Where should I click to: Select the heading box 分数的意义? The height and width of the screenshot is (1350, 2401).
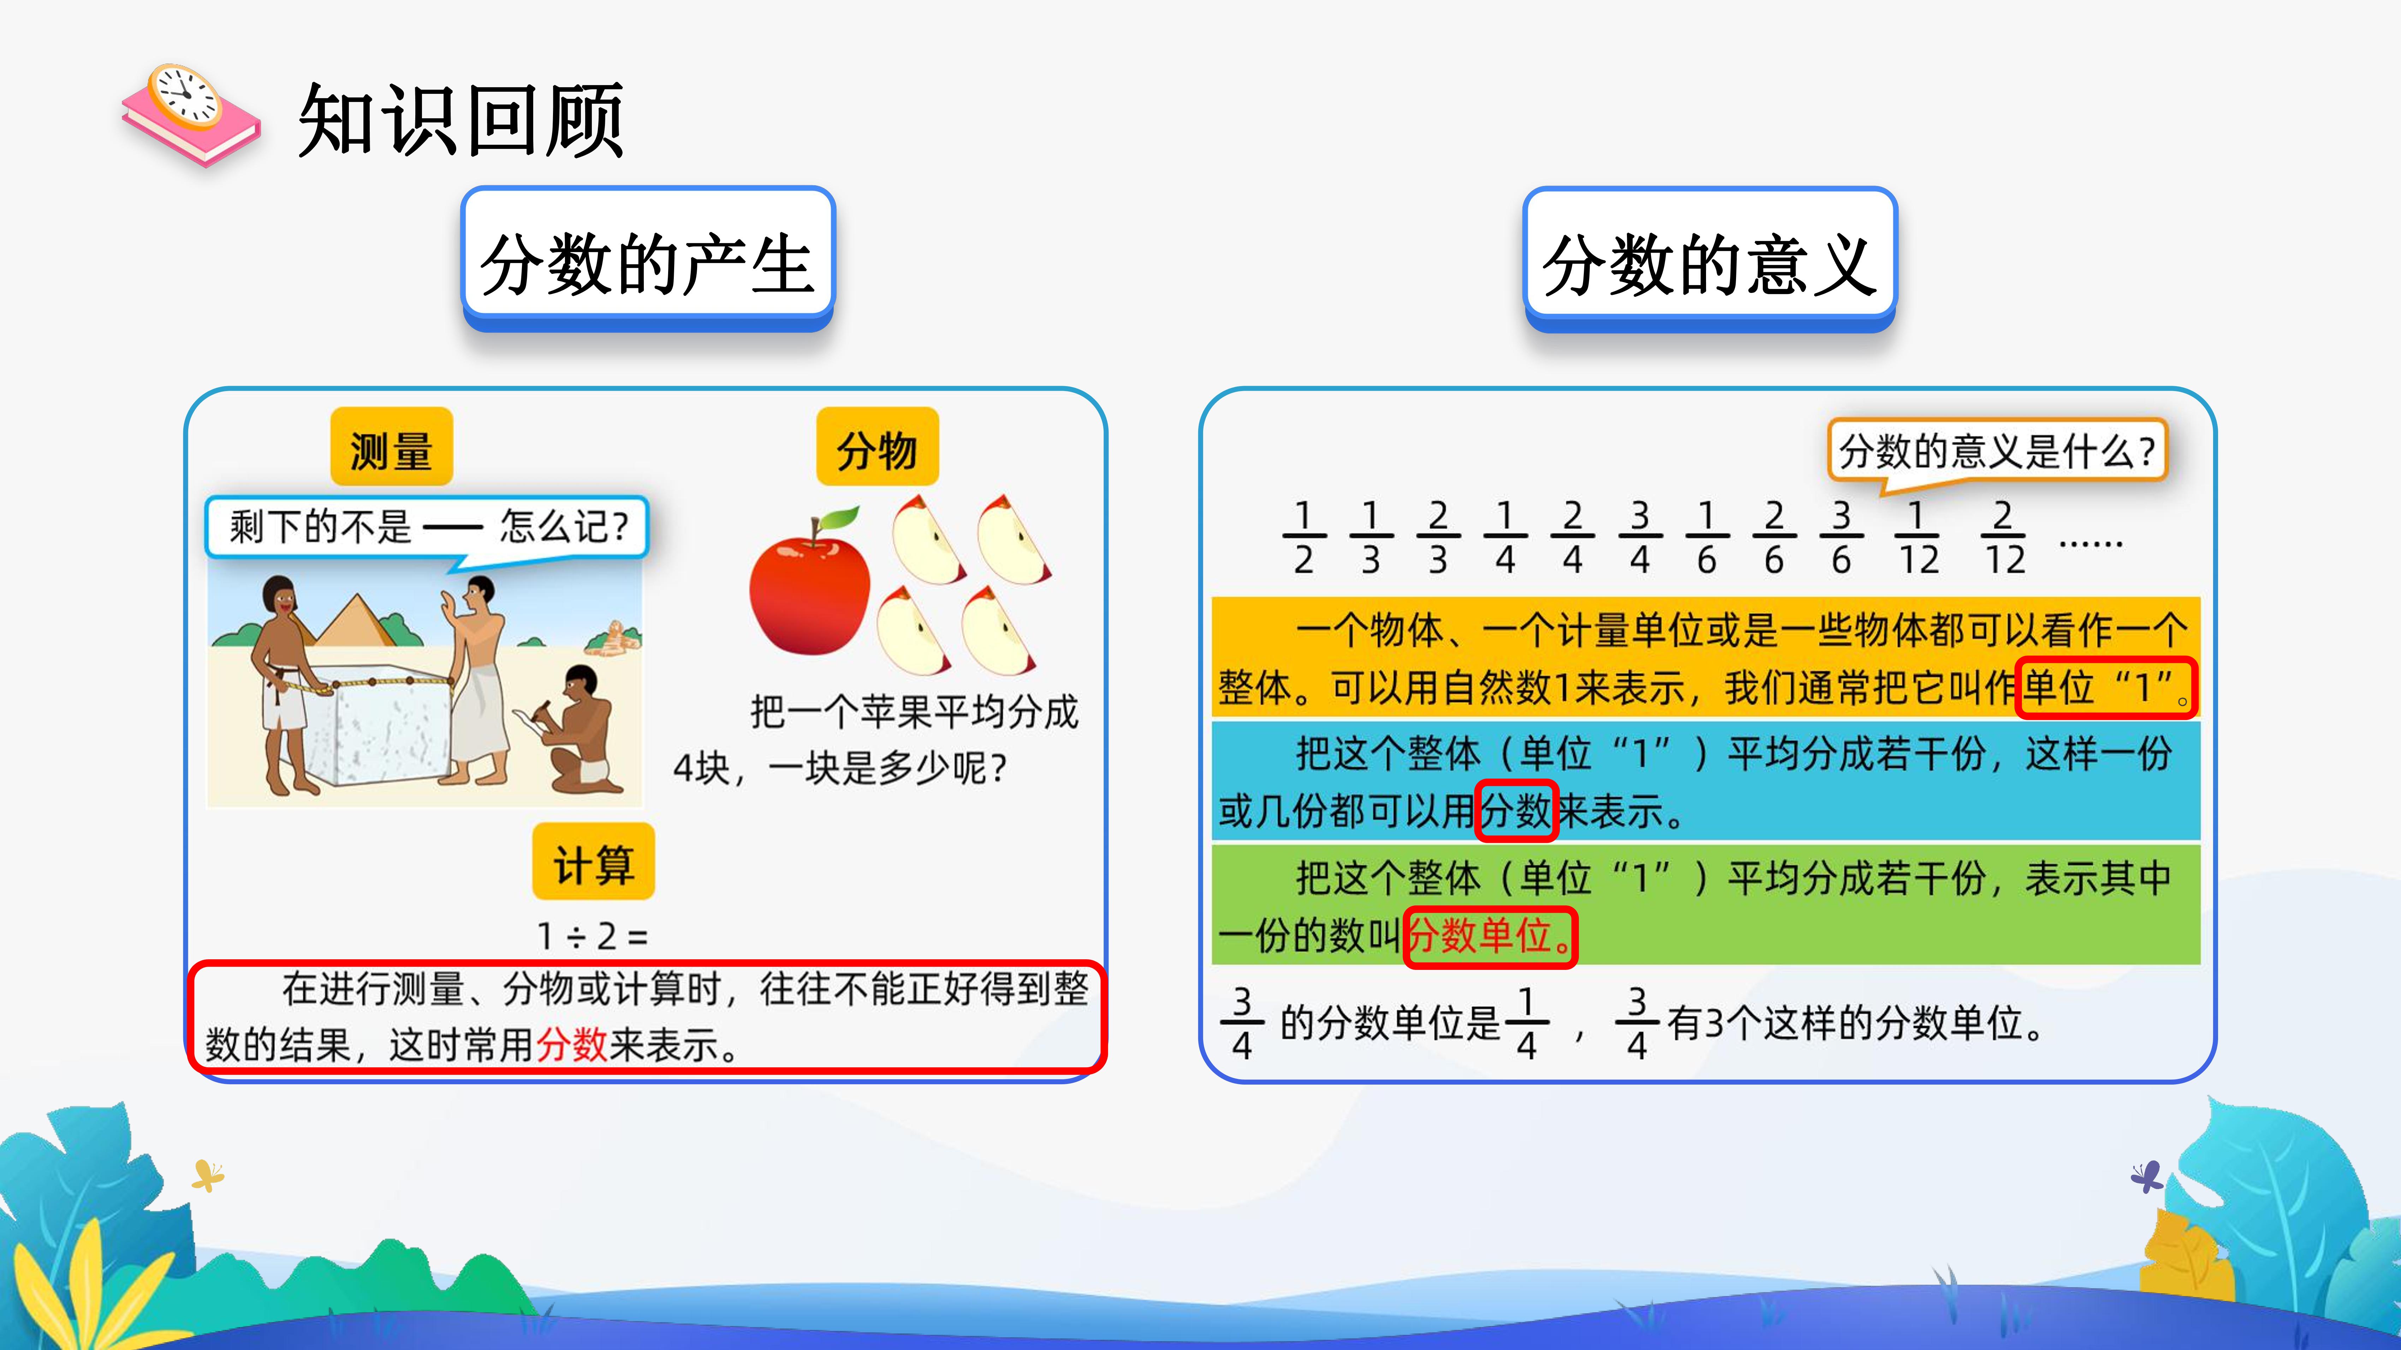point(1710,259)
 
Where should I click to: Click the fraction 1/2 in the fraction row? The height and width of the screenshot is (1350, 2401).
point(1304,538)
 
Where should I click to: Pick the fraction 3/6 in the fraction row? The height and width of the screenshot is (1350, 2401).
point(1842,538)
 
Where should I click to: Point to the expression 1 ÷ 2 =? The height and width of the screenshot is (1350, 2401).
point(593,935)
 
